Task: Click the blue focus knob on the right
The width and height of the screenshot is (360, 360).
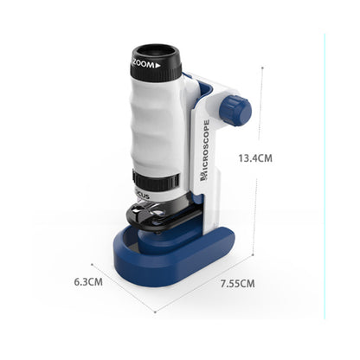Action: (x=235, y=110)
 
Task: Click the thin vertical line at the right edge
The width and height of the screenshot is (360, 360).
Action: (x=325, y=173)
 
